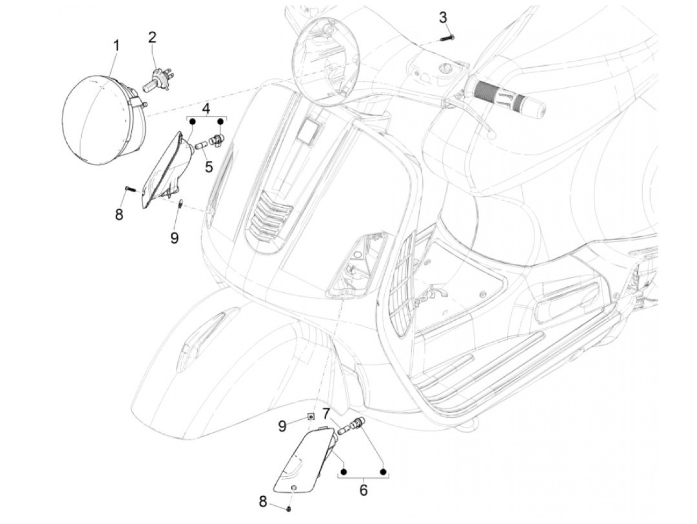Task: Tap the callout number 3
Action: (x=443, y=17)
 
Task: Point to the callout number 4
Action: (x=206, y=108)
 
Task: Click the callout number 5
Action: (x=208, y=166)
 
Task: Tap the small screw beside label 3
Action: (x=447, y=37)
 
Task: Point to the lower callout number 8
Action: (x=263, y=502)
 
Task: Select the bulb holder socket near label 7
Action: (x=356, y=424)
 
